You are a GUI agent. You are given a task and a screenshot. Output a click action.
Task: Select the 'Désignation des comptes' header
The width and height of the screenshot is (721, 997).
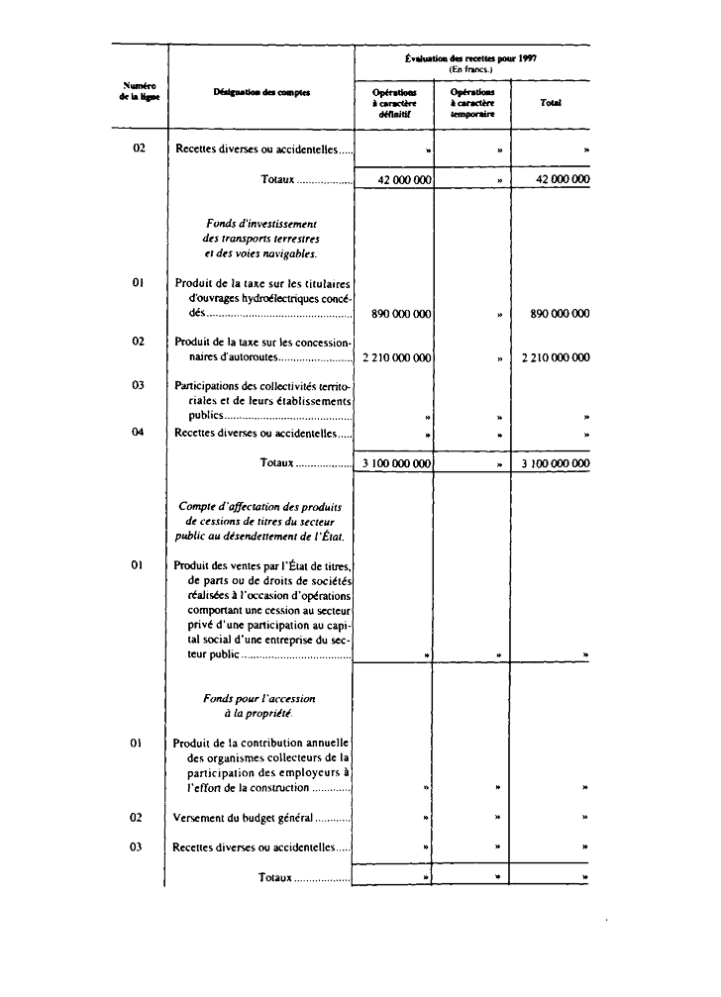pyautogui.click(x=261, y=92)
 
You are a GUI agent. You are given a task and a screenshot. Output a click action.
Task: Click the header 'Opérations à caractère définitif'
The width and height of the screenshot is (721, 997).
pyautogui.click(x=394, y=102)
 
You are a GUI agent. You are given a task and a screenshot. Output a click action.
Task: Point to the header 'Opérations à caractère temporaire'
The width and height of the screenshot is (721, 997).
pyautogui.click(x=471, y=102)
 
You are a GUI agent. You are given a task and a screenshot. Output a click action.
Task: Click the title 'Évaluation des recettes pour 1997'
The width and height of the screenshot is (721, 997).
pyautogui.click(x=472, y=58)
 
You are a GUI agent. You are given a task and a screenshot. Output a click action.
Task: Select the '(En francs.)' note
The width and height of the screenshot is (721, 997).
pyautogui.click(x=471, y=69)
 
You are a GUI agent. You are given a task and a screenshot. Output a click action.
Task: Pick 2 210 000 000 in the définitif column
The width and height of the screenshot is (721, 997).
pyautogui.click(x=393, y=358)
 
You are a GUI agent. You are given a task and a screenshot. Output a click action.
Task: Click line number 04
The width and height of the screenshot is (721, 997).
pyautogui.click(x=139, y=432)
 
